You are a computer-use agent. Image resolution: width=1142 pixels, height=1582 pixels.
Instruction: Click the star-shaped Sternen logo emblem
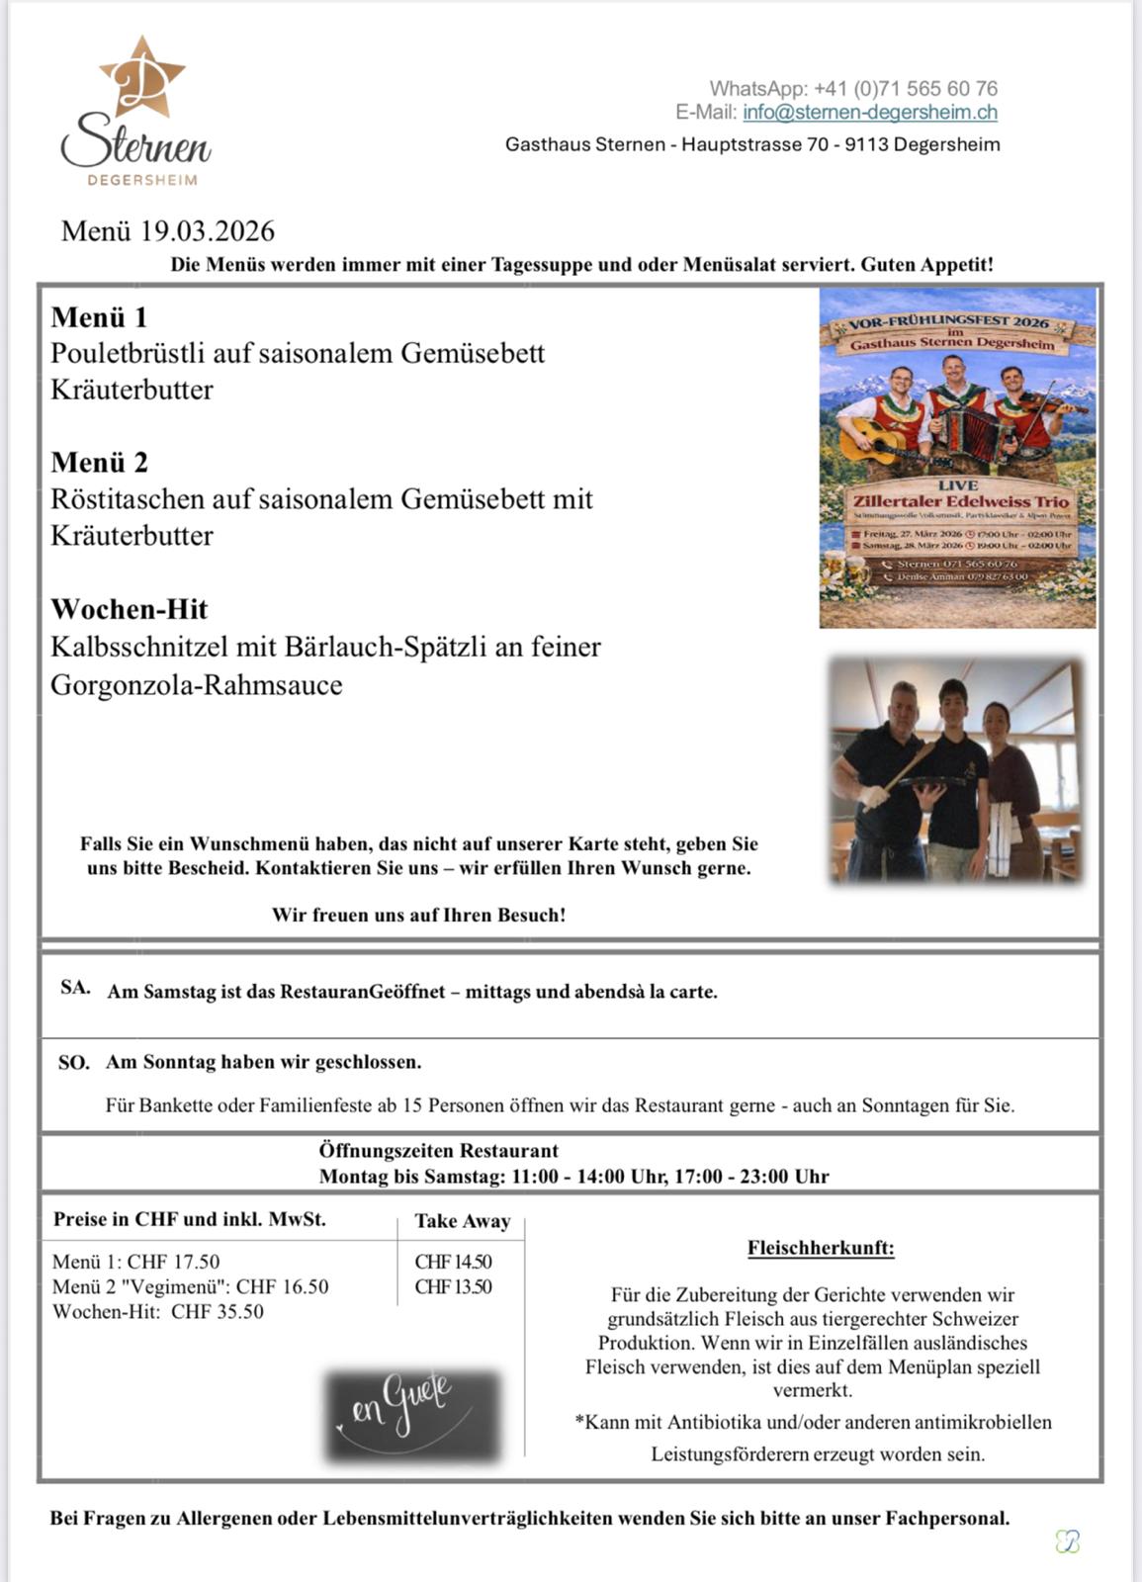[142, 80]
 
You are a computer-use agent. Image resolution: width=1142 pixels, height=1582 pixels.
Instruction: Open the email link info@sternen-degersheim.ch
[869, 113]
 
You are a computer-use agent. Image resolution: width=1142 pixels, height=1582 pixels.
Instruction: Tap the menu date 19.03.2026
[207, 231]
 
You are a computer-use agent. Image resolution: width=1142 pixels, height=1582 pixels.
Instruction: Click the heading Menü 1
[99, 317]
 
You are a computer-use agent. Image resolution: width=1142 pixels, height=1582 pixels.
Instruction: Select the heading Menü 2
[99, 463]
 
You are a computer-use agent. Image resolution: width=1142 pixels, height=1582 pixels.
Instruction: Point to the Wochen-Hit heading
[130, 609]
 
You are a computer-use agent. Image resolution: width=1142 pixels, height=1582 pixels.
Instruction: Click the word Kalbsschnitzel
[139, 648]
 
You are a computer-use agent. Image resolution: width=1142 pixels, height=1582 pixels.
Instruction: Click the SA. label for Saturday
[75, 988]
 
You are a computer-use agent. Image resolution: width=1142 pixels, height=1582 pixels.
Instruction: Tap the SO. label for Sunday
[74, 1063]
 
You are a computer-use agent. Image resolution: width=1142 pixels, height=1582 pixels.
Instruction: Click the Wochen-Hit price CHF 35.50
[218, 1312]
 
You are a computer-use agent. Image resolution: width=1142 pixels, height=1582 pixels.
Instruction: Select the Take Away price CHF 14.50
[453, 1262]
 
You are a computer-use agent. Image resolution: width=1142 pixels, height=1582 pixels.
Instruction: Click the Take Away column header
[462, 1221]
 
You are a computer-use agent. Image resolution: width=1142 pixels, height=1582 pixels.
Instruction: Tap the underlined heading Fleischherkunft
[821, 1248]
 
